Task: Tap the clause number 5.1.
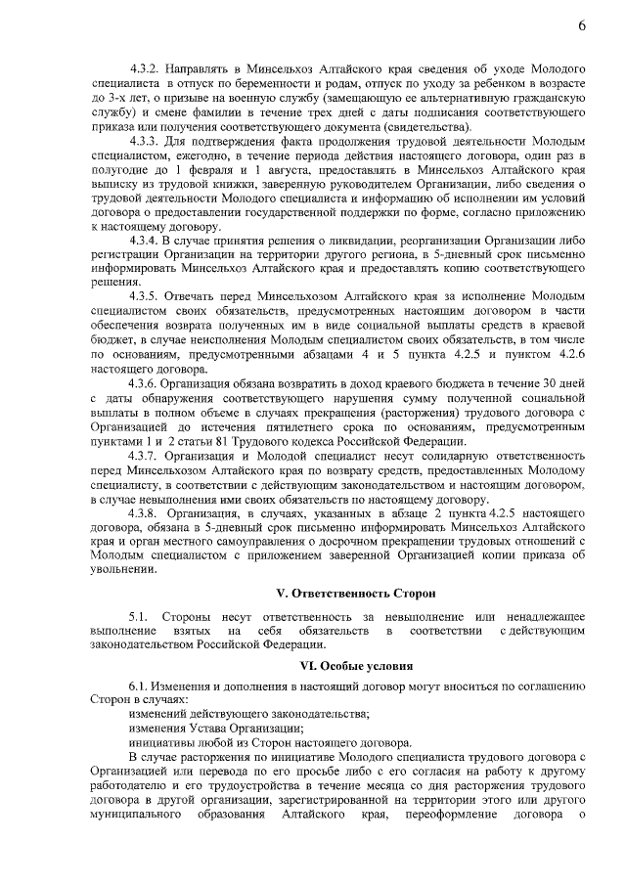coord(137,616)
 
